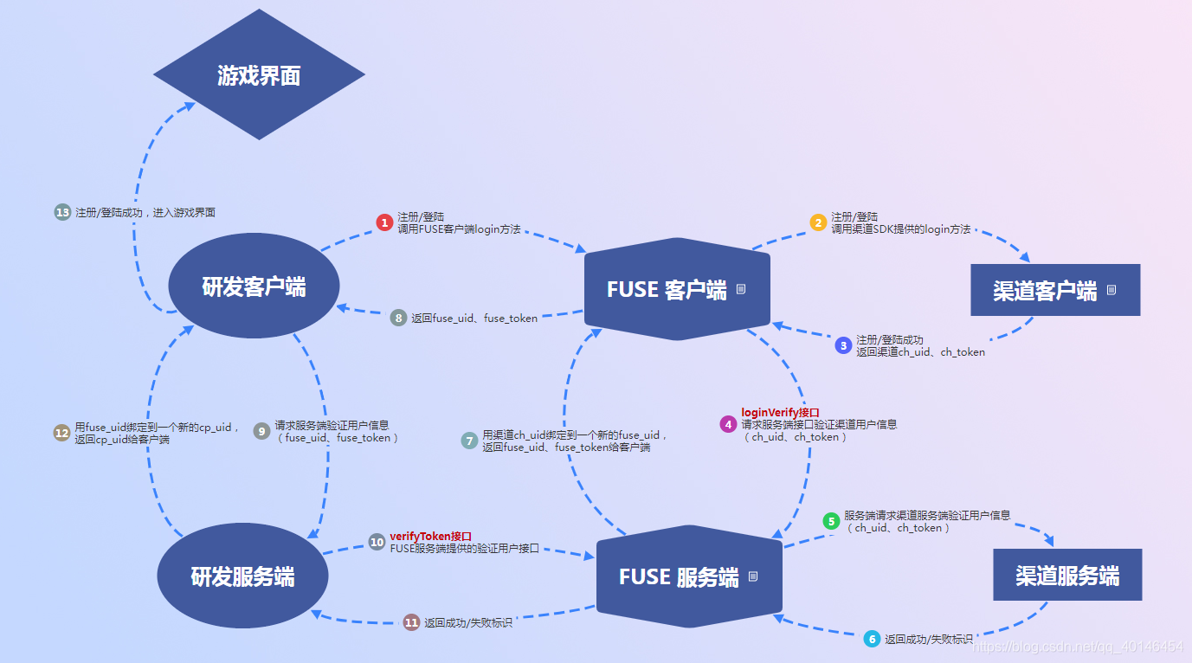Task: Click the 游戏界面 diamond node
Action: coord(259,75)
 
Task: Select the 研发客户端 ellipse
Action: coord(254,286)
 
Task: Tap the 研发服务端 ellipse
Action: coord(242,576)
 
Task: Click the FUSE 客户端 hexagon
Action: coord(677,289)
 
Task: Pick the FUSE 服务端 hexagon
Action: coord(689,576)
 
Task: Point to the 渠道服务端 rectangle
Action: coord(1067,575)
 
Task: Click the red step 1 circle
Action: coord(384,222)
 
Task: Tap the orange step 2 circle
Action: coord(818,222)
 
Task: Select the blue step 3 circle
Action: coord(843,345)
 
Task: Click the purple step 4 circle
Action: coord(728,424)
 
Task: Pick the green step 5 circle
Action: coord(831,521)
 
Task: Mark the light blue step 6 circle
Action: coord(872,639)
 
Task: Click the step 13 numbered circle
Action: coord(62,212)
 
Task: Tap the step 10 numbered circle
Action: coord(377,542)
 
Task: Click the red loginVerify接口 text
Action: coord(780,413)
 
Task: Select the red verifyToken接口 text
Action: coord(430,537)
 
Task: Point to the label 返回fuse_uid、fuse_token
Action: coord(474,319)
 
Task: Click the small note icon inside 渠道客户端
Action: coord(1111,290)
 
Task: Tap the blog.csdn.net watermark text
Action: coord(1078,647)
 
